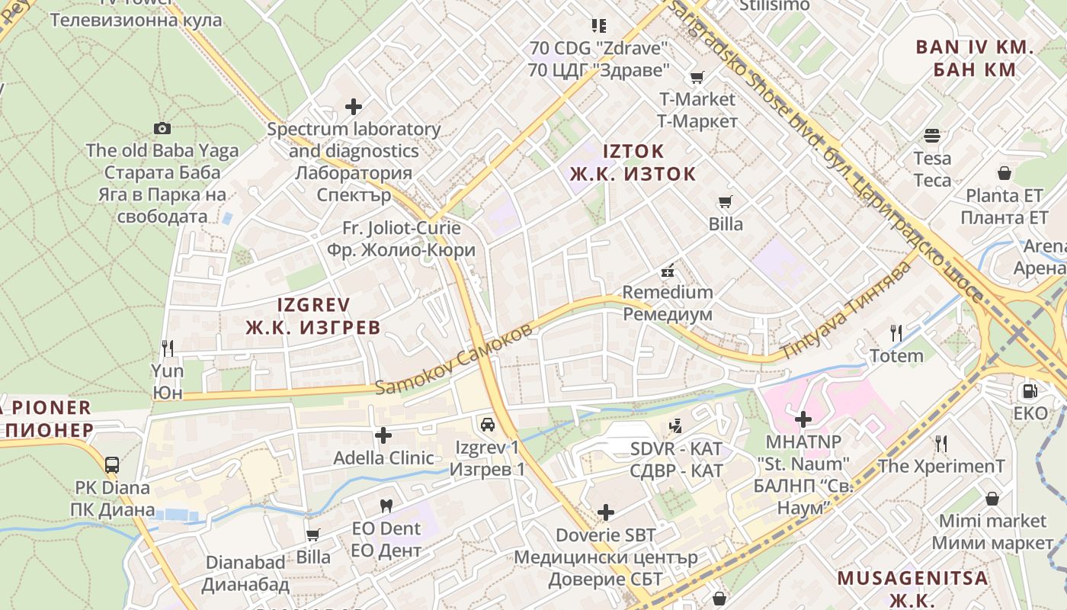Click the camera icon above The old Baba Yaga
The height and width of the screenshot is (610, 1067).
click(x=162, y=128)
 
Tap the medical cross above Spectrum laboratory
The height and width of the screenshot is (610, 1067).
click(x=354, y=107)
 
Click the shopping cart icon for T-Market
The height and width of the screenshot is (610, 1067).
click(x=697, y=77)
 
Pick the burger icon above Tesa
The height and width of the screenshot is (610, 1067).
click(x=932, y=136)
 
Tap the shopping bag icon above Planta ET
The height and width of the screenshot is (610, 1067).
click(x=1005, y=173)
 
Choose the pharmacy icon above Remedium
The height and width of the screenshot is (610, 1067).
click(x=668, y=270)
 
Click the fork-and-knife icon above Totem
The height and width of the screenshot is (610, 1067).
click(x=896, y=333)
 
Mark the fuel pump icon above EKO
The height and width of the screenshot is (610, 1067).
click(x=1030, y=391)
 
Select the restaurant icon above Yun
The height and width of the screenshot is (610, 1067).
click(x=168, y=348)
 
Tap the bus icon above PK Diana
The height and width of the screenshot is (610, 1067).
click(x=112, y=464)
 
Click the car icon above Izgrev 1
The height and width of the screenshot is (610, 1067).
click(x=487, y=425)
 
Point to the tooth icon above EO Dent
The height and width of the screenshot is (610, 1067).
click(x=386, y=506)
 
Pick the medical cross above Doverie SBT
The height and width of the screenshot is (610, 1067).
click(x=606, y=512)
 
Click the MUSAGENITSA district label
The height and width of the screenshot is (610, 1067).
click(x=912, y=578)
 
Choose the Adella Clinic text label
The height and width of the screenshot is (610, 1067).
click(x=383, y=458)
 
